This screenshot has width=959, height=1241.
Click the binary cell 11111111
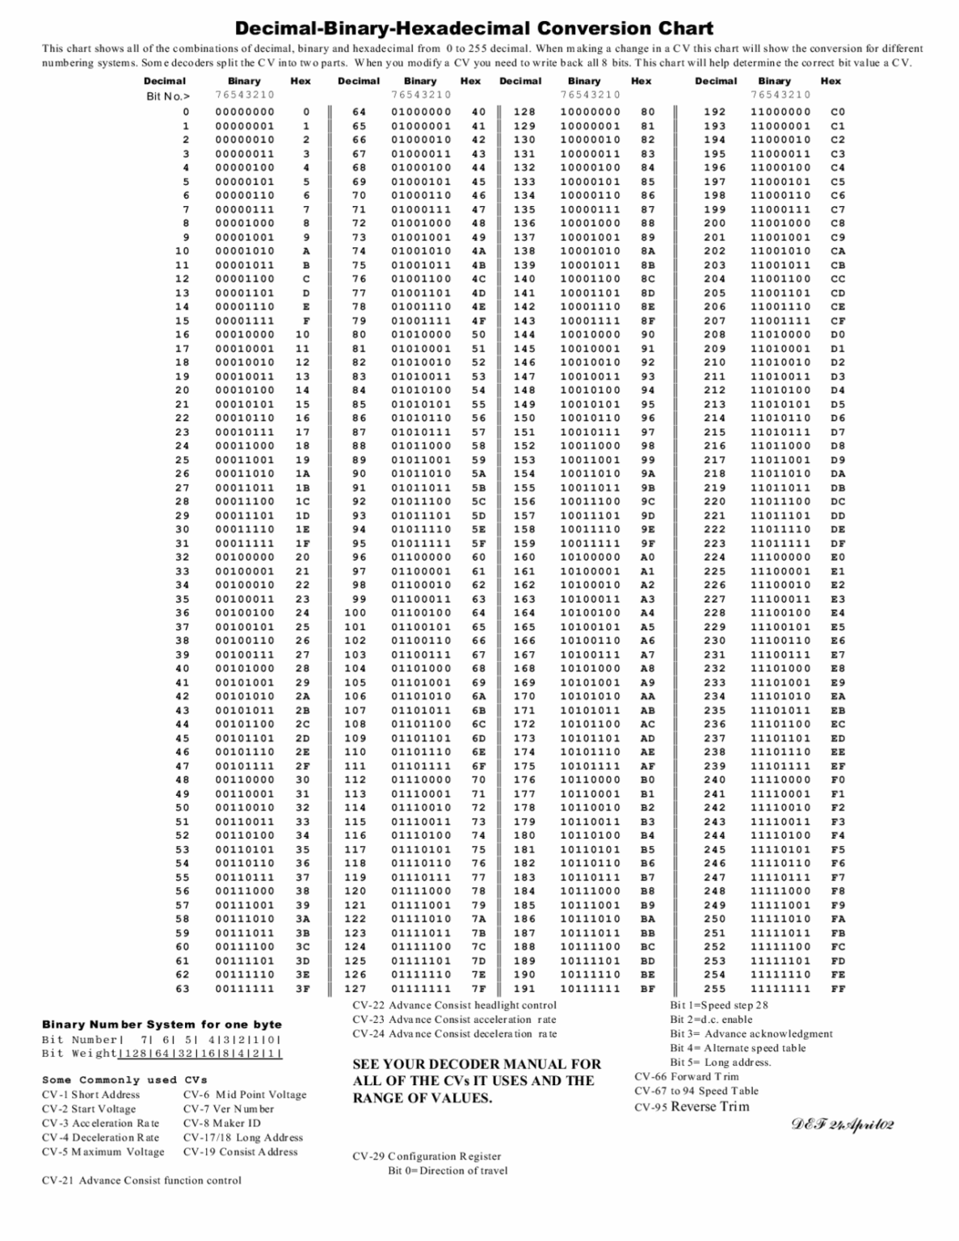click(780, 988)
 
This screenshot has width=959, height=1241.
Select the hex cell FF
click(838, 988)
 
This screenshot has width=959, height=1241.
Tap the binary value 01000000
click(421, 112)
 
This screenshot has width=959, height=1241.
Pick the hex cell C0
click(838, 112)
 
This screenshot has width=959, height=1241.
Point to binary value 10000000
click(590, 112)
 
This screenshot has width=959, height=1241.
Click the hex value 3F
click(302, 988)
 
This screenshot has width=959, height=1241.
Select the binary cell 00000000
click(245, 112)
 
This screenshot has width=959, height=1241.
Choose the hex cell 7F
click(478, 988)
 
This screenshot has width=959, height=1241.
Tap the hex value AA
click(647, 696)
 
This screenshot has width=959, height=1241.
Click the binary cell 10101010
click(590, 696)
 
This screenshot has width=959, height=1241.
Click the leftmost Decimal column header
click(165, 81)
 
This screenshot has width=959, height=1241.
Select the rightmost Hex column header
click(831, 81)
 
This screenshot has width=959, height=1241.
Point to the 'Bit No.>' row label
click(168, 95)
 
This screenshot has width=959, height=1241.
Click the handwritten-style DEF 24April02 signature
click(842, 1125)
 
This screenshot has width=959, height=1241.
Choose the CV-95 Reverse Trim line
click(692, 1106)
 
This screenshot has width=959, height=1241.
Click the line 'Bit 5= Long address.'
click(720, 1062)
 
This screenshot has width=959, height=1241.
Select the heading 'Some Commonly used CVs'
click(124, 1079)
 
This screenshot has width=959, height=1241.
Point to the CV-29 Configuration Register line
click(427, 1156)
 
